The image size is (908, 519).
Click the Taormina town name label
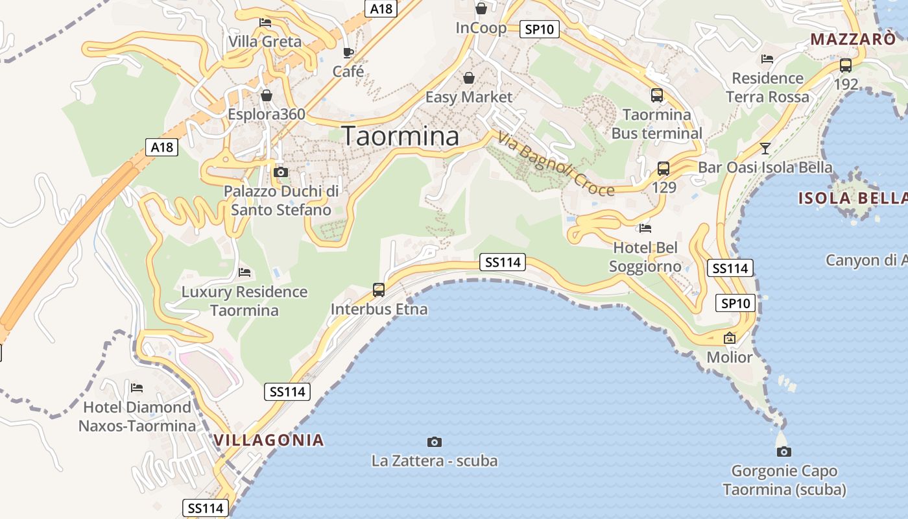[400, 136]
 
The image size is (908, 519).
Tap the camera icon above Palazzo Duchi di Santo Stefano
[281, 172]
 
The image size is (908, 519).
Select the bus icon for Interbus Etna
[379, 290]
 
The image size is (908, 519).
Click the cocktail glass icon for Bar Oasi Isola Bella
[765, 149]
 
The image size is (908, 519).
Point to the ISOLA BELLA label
[852, 199]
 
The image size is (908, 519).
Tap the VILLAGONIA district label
[269, 440]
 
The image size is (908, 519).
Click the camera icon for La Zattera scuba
[435, 442]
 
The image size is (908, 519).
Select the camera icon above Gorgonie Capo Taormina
[783, 452]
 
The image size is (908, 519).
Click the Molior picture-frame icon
[730, 338]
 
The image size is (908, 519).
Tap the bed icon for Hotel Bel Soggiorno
[645, 228]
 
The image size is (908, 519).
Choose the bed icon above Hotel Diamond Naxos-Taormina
[137, 388]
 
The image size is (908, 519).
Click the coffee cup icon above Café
[348, 53]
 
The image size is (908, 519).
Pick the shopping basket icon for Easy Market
[469, 78]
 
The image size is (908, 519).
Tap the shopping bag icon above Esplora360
[267, 96]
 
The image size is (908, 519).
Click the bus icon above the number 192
[846, 65]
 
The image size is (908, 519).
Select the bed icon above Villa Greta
[265, 23]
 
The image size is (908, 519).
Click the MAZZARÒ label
[853, 39]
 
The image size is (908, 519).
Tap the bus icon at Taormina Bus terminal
[657, 95]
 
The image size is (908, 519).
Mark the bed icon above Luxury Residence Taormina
[245, 272]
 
